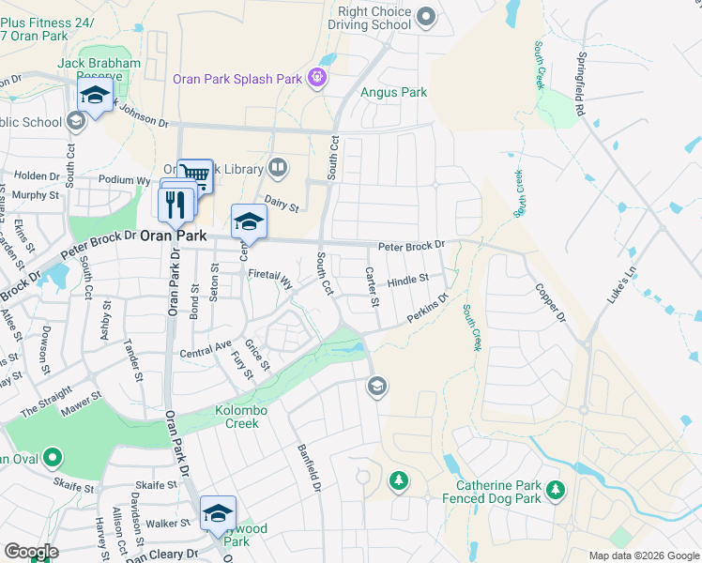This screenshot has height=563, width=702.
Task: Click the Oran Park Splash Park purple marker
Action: pos(317,78)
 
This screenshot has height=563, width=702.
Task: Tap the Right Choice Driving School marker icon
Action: pos(426,16)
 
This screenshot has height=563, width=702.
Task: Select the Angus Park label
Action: pos(394,93)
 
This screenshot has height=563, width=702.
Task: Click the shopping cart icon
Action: pos(194,174)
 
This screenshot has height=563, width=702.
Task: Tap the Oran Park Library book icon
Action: pos(277,168)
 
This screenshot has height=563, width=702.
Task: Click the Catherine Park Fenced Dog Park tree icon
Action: pos(556,490)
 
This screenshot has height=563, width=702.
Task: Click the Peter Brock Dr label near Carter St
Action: pos(411,247)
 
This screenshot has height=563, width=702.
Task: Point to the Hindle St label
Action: pos(407,280)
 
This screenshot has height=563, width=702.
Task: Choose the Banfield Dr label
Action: pos(310,469)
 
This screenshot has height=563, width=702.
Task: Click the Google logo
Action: pos(31,552)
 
